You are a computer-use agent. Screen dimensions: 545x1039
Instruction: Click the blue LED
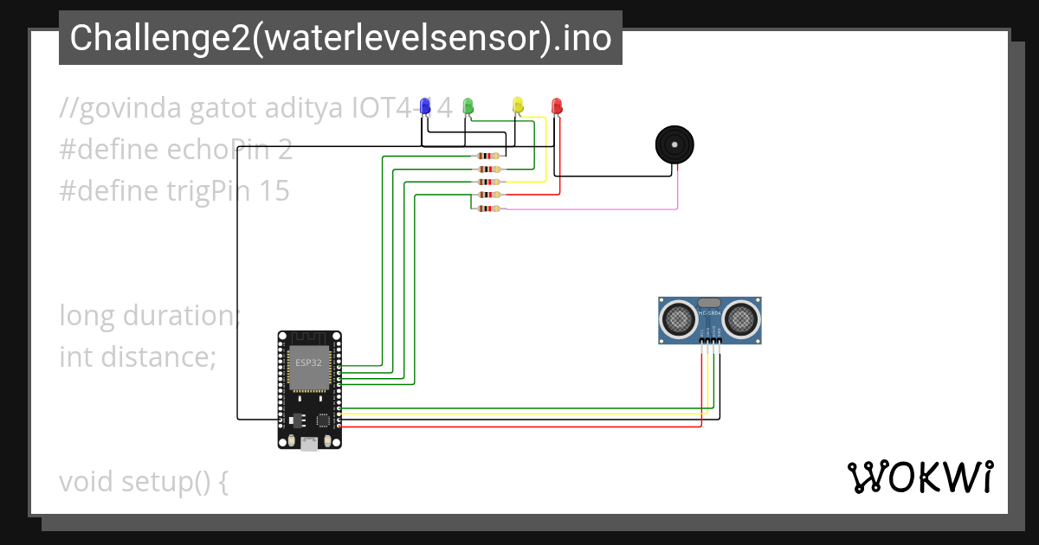[x=425, y=106]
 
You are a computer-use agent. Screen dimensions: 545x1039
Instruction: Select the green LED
[x=468, y=106]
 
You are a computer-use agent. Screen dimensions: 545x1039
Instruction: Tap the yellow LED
[x=518, y=106]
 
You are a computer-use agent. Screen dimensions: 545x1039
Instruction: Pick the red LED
[x=557, y=106]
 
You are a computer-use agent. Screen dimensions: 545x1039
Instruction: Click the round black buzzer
[x=674, y=144]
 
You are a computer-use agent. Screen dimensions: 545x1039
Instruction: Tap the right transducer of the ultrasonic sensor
[x=741, y=318]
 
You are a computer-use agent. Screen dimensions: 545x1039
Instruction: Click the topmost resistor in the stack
[x=488, y=156]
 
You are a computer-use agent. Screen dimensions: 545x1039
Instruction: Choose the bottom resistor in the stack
[x=488, y=208]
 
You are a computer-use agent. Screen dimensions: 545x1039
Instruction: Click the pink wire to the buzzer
[x=606, y=208]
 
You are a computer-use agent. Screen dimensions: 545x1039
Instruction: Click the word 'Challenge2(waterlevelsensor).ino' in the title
[x=340, y=38]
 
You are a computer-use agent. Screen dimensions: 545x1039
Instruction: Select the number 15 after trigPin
[x=274, y=190]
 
